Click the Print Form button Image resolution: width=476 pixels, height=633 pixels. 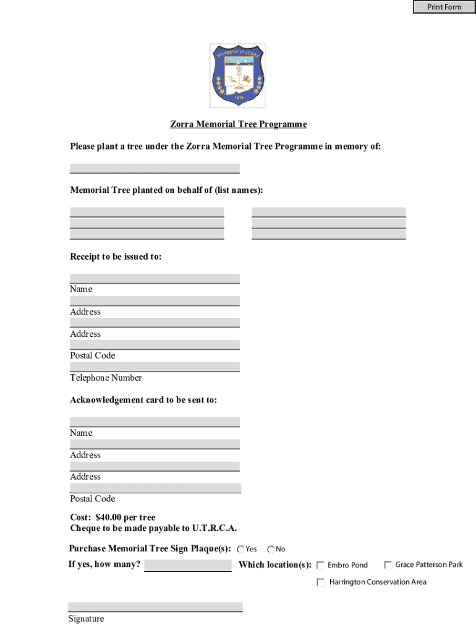tap(444, 7)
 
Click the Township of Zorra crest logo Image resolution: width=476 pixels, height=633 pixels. tap(238, 75)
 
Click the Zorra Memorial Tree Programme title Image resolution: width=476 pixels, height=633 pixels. tap(238, 124)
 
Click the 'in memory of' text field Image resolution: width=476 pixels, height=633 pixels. tap(155, 168)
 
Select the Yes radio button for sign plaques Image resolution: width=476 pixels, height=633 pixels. tap(240, 550)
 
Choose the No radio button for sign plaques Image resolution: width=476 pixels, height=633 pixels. tap(271, 550)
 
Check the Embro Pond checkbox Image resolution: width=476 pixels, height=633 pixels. tap(321, 565)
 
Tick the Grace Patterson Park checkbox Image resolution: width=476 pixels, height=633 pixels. tap(388, 565)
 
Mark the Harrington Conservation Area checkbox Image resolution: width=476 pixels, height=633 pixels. tap(321, 582)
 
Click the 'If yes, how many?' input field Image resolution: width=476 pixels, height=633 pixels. tap(188, 565)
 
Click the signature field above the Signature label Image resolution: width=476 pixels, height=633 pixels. tap(155, 606)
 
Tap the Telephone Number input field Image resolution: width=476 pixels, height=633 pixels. tap(155, 367)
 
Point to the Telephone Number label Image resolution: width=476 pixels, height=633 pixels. tap(106, 378)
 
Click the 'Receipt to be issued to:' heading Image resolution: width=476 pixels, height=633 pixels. tap(116, 257)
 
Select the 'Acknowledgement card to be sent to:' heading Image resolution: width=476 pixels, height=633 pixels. tap(143, 400)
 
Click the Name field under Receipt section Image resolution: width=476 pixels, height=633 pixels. tap(155, 278)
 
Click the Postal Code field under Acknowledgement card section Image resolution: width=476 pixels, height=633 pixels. tap(155, 488)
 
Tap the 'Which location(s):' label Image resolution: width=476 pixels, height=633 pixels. tap(275, 564)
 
